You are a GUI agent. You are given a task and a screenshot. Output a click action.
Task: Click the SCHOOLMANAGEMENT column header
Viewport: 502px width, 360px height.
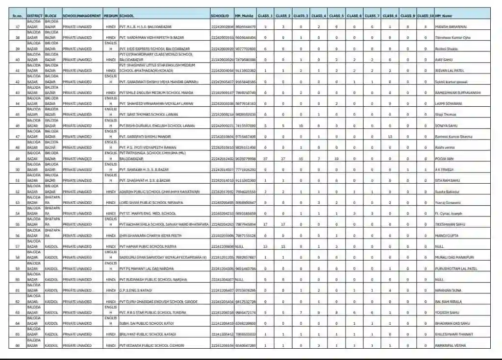[x=82, y=16]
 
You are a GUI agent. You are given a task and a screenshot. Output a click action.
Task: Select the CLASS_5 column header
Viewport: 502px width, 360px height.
[x=336, y=16]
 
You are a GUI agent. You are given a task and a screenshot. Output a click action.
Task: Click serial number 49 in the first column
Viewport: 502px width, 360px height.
[x=18, y=159]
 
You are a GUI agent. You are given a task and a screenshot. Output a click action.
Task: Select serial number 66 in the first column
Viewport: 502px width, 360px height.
[x=18, y=346]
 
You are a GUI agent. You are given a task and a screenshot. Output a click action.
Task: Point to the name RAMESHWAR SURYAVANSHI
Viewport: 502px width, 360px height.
[x=457, y=93]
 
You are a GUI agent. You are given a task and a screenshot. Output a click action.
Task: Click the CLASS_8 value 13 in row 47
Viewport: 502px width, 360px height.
[x=390, y=137]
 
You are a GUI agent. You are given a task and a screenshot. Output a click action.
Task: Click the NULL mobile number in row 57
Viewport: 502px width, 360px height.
[x=240, y=246]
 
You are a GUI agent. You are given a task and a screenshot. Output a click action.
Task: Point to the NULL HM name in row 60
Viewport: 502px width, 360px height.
[x=438, y=280]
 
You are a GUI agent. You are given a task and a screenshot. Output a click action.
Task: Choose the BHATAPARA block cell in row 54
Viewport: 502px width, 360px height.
[x=52, y=211]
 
